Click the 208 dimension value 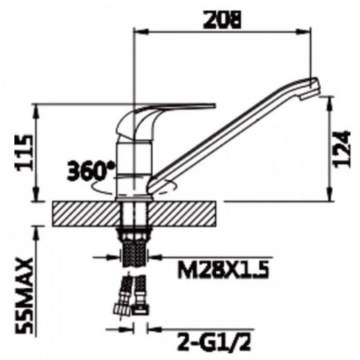click(222, 19)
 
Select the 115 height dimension click(26, 153)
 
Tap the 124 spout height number click(342, 149)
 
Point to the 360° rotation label click(90, 171)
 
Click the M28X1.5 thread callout click(223, 270)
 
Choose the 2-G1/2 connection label click(214, 342)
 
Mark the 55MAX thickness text click(25, 296)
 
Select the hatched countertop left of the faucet click(86, 214)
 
